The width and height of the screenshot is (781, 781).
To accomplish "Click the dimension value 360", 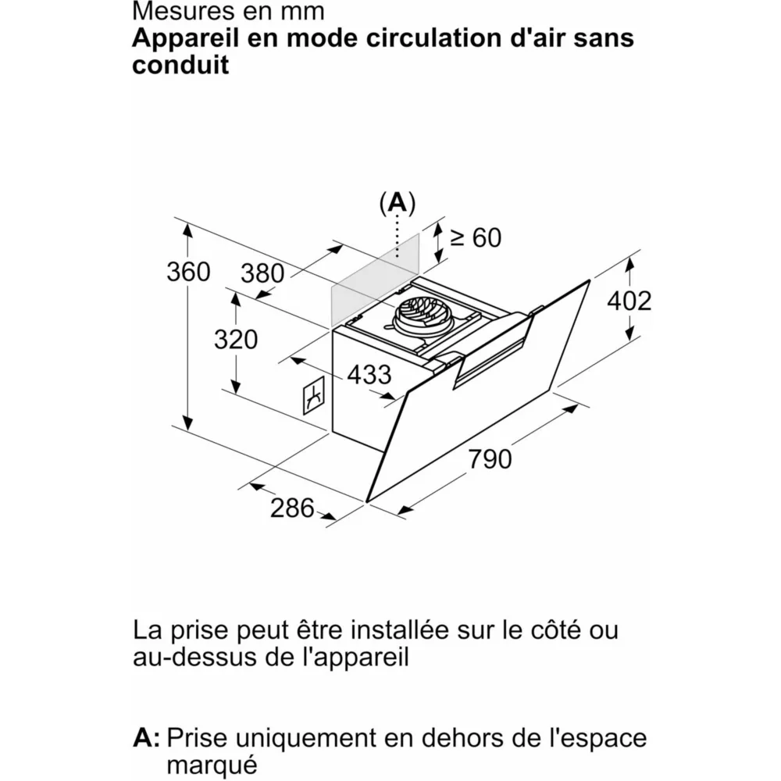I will click(x=189, y=272).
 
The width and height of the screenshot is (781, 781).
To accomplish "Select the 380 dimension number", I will click(x=262, y=273).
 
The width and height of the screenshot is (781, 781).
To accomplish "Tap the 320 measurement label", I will click(x=235, y=340).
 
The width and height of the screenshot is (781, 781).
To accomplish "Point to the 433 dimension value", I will click(x=369, y=375).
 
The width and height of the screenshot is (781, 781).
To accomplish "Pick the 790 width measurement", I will click(x=490, y=458).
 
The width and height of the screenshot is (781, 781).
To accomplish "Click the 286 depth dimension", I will click(x=292, y=508).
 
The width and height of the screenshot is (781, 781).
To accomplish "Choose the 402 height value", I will click(x=629, y=301).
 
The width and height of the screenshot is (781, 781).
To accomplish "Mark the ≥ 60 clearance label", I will click(x=476, y=237).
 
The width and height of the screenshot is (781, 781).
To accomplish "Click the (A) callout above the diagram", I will click(x=398, y=203).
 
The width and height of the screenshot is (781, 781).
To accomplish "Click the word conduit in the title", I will click(x=180, y=65).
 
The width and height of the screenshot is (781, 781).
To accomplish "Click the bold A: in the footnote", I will click(x=146, y=737).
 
